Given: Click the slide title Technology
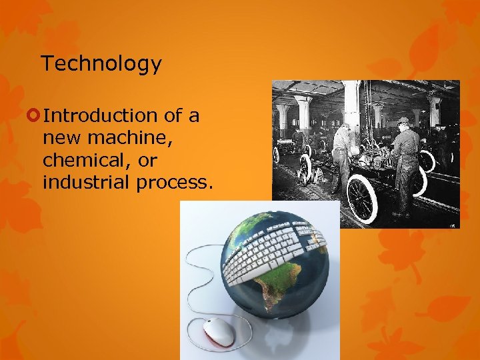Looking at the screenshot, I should [101, 64].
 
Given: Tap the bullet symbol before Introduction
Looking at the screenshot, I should [34, 116].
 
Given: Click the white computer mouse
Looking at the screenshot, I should [219, 331].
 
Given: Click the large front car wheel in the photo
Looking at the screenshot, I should [362, 199].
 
